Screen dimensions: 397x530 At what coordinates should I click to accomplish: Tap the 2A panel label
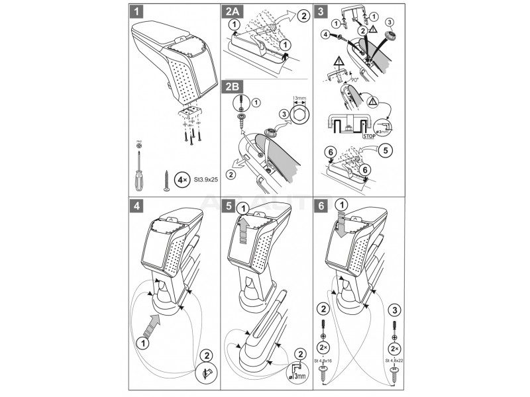(233, 11)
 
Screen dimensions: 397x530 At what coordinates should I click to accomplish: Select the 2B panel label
(233, 87)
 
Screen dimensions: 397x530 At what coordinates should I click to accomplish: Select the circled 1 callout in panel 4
(141, 343)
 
